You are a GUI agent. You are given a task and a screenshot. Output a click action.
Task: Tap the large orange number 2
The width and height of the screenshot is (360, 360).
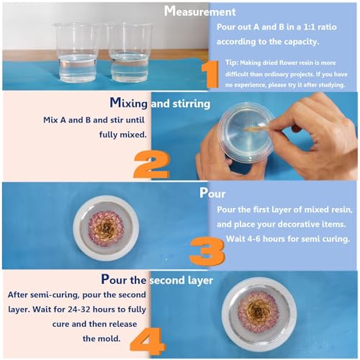point(150,163)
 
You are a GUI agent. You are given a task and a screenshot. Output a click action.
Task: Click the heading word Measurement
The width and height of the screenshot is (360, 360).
point(199,12)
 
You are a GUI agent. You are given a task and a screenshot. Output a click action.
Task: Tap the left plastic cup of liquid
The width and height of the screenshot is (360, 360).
point(77,52)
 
